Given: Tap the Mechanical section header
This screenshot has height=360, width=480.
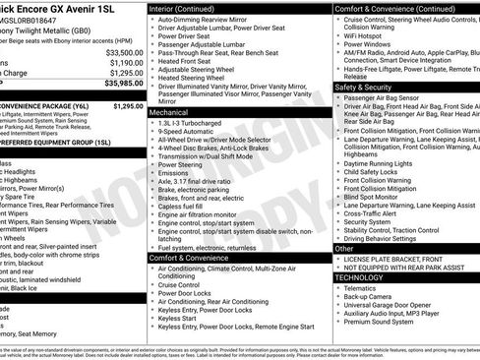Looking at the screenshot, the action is pos(169,113).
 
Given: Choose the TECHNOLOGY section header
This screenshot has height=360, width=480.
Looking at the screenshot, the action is pos(367,277).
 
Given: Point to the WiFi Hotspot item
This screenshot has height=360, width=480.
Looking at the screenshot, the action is pos(367,34).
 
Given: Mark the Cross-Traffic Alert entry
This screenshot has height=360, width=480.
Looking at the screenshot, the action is pos(376,213).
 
